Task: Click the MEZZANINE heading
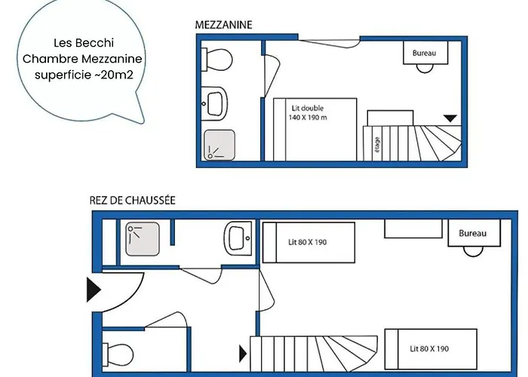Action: (x=223, y=25)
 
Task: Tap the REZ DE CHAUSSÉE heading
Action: (x=132, y=201)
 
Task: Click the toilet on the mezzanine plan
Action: (x=217, y=60)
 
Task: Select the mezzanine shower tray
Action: (x=219, y=145)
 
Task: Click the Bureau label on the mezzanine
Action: (x=424, y=53)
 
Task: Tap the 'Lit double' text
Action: (x=308, y=108)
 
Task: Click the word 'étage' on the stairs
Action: (x=377, y=145)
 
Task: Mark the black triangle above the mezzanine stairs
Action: (x=450, y=118)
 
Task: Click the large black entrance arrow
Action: (x=94, y=290)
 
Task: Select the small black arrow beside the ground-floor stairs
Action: (x=243, y=354)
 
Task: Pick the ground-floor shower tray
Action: (x=143, y=239)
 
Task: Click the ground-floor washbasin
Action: (x=238, y=238)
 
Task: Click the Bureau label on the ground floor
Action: (x=472, y=233)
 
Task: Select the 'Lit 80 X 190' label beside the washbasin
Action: (x=308, y=242)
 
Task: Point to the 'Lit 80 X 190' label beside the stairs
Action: (x=429, y=348)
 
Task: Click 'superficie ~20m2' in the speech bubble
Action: (x=84, y=75)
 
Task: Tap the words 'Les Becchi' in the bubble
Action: (x=84, y=43)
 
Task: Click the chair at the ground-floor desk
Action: (x=473, y=251)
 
